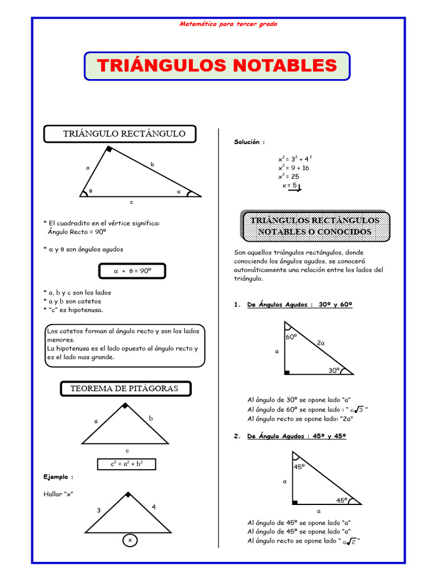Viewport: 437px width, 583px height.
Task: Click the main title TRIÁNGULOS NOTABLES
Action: [x=217, y=65]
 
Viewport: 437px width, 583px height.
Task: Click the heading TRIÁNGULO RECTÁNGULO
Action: [x=124, y=134]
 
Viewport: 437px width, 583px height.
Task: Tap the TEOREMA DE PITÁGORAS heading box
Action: [x=124, y=388]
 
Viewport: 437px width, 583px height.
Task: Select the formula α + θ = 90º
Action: [x=133, y=272]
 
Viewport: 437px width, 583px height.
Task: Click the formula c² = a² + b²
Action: [x=126, y=464]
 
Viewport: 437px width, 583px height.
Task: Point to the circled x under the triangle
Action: [x=130, y=540]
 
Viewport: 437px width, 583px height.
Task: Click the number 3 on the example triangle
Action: [x=98, y=510]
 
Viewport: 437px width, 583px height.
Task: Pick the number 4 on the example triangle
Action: [x=154, y=506]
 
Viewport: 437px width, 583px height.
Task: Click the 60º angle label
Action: [x=292, y=337]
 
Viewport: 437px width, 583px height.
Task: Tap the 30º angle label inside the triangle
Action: [x=334, y=369]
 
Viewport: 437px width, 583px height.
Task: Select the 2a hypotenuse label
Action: [x=321, y=343]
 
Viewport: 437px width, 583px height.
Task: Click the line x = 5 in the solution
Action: [x=290, y=186]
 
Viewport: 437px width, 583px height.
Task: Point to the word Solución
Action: [x=249, y=142]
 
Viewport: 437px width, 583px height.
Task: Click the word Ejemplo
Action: [x=58, y=476]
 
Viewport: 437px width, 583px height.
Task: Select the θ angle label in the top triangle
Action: [x=90, y=192]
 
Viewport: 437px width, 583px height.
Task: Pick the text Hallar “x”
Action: [x=59, y=494]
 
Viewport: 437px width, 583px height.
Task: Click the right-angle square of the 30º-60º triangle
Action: [x=287, y=372]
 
